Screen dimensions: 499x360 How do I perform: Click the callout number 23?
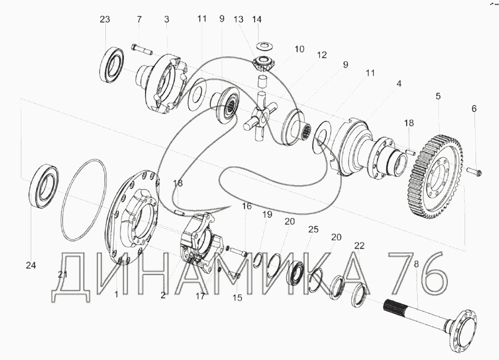pyautogui.click(x=105, y=19)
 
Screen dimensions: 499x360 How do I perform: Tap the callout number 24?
pyautogui.click(x=31, y=266)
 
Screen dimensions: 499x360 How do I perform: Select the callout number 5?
pyautogui.click(x=438, y=96)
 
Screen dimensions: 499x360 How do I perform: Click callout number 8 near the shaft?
pyautogui.click(x=416, y=265)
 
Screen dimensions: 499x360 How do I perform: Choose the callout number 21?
pyautogui.click(x=63, y=274)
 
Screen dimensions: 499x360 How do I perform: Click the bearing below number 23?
pyautogui.click(x=112, y=64)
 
